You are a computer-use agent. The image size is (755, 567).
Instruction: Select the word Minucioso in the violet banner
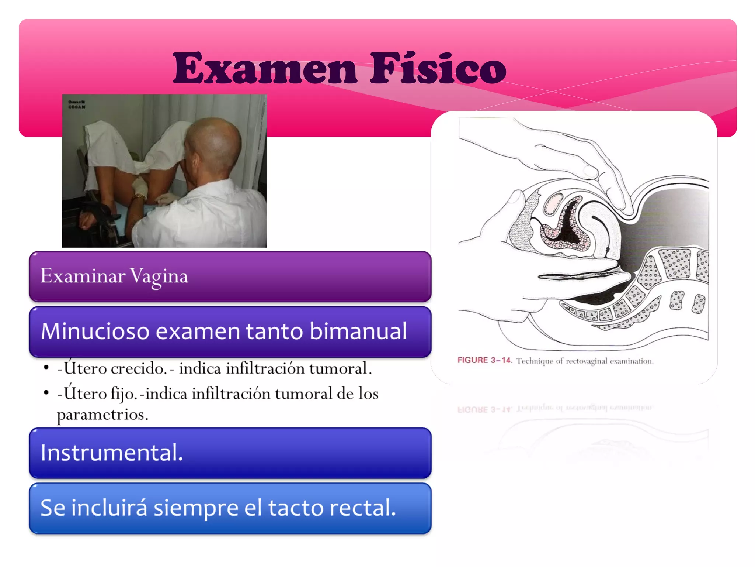point(95,331)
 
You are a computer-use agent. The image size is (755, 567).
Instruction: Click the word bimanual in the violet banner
point(358,331)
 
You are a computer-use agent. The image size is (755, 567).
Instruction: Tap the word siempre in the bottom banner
point(196,509)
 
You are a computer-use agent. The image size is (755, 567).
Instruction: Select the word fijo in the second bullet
point(123,394)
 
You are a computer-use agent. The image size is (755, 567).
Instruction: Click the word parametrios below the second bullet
point(102,415)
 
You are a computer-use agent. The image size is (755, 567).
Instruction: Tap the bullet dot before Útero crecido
point(46,368)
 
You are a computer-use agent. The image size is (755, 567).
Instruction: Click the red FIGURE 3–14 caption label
point(484,360)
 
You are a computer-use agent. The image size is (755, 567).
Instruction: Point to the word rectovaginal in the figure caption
point(586,361)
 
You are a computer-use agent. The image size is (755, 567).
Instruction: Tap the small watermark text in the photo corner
point(77,104)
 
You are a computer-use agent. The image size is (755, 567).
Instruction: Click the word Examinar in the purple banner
point(83,276)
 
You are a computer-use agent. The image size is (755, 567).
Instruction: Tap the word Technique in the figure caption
point(535,361)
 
